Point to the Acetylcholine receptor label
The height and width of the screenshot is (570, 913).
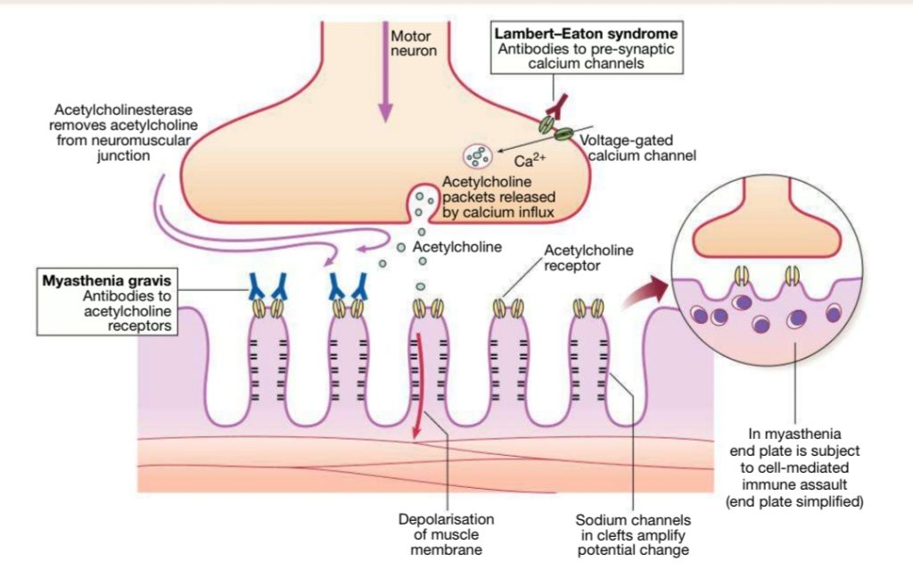coord(588,257)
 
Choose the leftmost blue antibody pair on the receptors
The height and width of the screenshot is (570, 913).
coord(267,285)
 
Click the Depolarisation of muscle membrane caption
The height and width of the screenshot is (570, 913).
coord(446,534)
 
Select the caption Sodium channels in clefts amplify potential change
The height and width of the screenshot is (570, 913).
coord(632,534)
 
